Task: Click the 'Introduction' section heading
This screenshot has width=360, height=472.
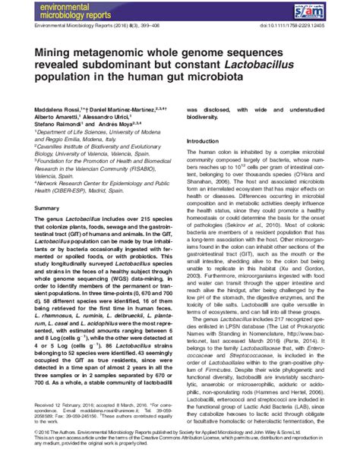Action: (x=204, y=142)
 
